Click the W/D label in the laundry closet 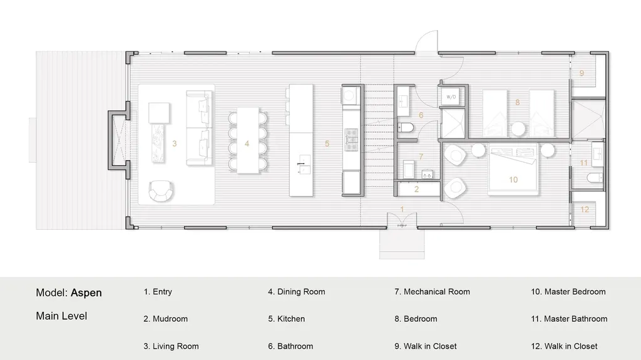[x=451, y=97]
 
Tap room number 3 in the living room [x=175, y=143]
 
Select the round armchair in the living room [x=161, y=190]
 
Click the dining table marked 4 [x=248, y=140]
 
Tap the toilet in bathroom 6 [x=406, y=128]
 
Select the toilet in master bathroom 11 [x=595, y=178]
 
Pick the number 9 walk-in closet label [x=582, y=73]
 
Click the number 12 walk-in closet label [x=585, y=210]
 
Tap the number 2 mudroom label [x=416, y=189]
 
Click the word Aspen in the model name [x=86, y=293]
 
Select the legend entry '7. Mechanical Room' [x=432, y=292]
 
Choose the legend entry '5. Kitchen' [x=287, y=319]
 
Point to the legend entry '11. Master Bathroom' [x=569, y=319]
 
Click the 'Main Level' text [x=61, y=316]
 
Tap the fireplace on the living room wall [x=119, y=140]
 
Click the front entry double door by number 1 [x=403, y=221]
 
